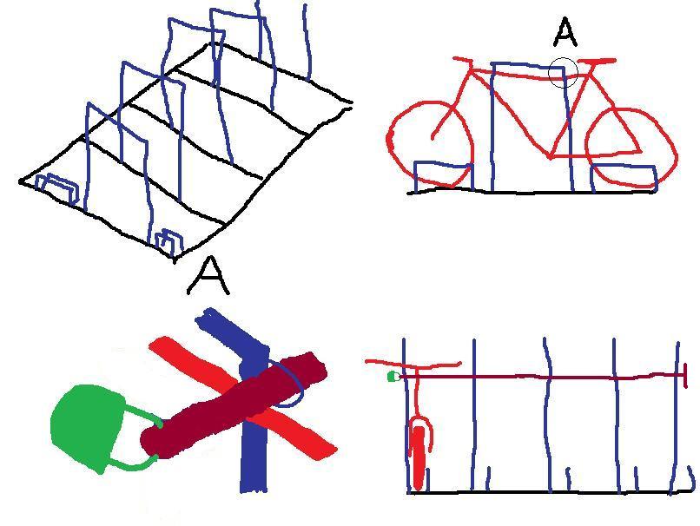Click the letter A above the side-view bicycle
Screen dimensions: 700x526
coord(565,33)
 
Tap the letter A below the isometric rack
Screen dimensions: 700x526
coord(208,277)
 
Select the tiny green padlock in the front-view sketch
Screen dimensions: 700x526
coord(393,377)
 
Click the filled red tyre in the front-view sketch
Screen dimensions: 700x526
coord(419,457)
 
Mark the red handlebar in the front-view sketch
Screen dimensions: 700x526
coord(413,365)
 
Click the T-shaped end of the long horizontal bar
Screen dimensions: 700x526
coord(685,375)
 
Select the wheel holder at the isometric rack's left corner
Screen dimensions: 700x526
coord(56,187)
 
